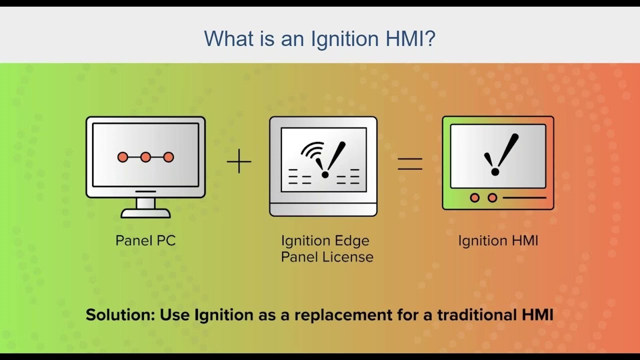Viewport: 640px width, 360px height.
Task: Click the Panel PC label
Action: coord(145,240)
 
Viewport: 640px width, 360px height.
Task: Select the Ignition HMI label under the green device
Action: coord(498,240)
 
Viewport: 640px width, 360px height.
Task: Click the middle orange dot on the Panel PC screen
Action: coord(145,157)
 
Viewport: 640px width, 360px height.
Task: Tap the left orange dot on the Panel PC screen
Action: coord(122,157)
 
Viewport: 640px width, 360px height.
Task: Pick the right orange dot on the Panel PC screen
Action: coord(168,157)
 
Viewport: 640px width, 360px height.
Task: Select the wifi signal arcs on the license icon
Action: coord(311,151)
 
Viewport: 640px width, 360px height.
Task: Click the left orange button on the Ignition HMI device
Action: coord(474,198)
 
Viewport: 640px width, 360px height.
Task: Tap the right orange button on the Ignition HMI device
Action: coord(492,198)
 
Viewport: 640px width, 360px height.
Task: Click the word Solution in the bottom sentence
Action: coord(120,315)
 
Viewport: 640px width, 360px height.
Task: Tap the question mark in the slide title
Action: coord(430,38)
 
